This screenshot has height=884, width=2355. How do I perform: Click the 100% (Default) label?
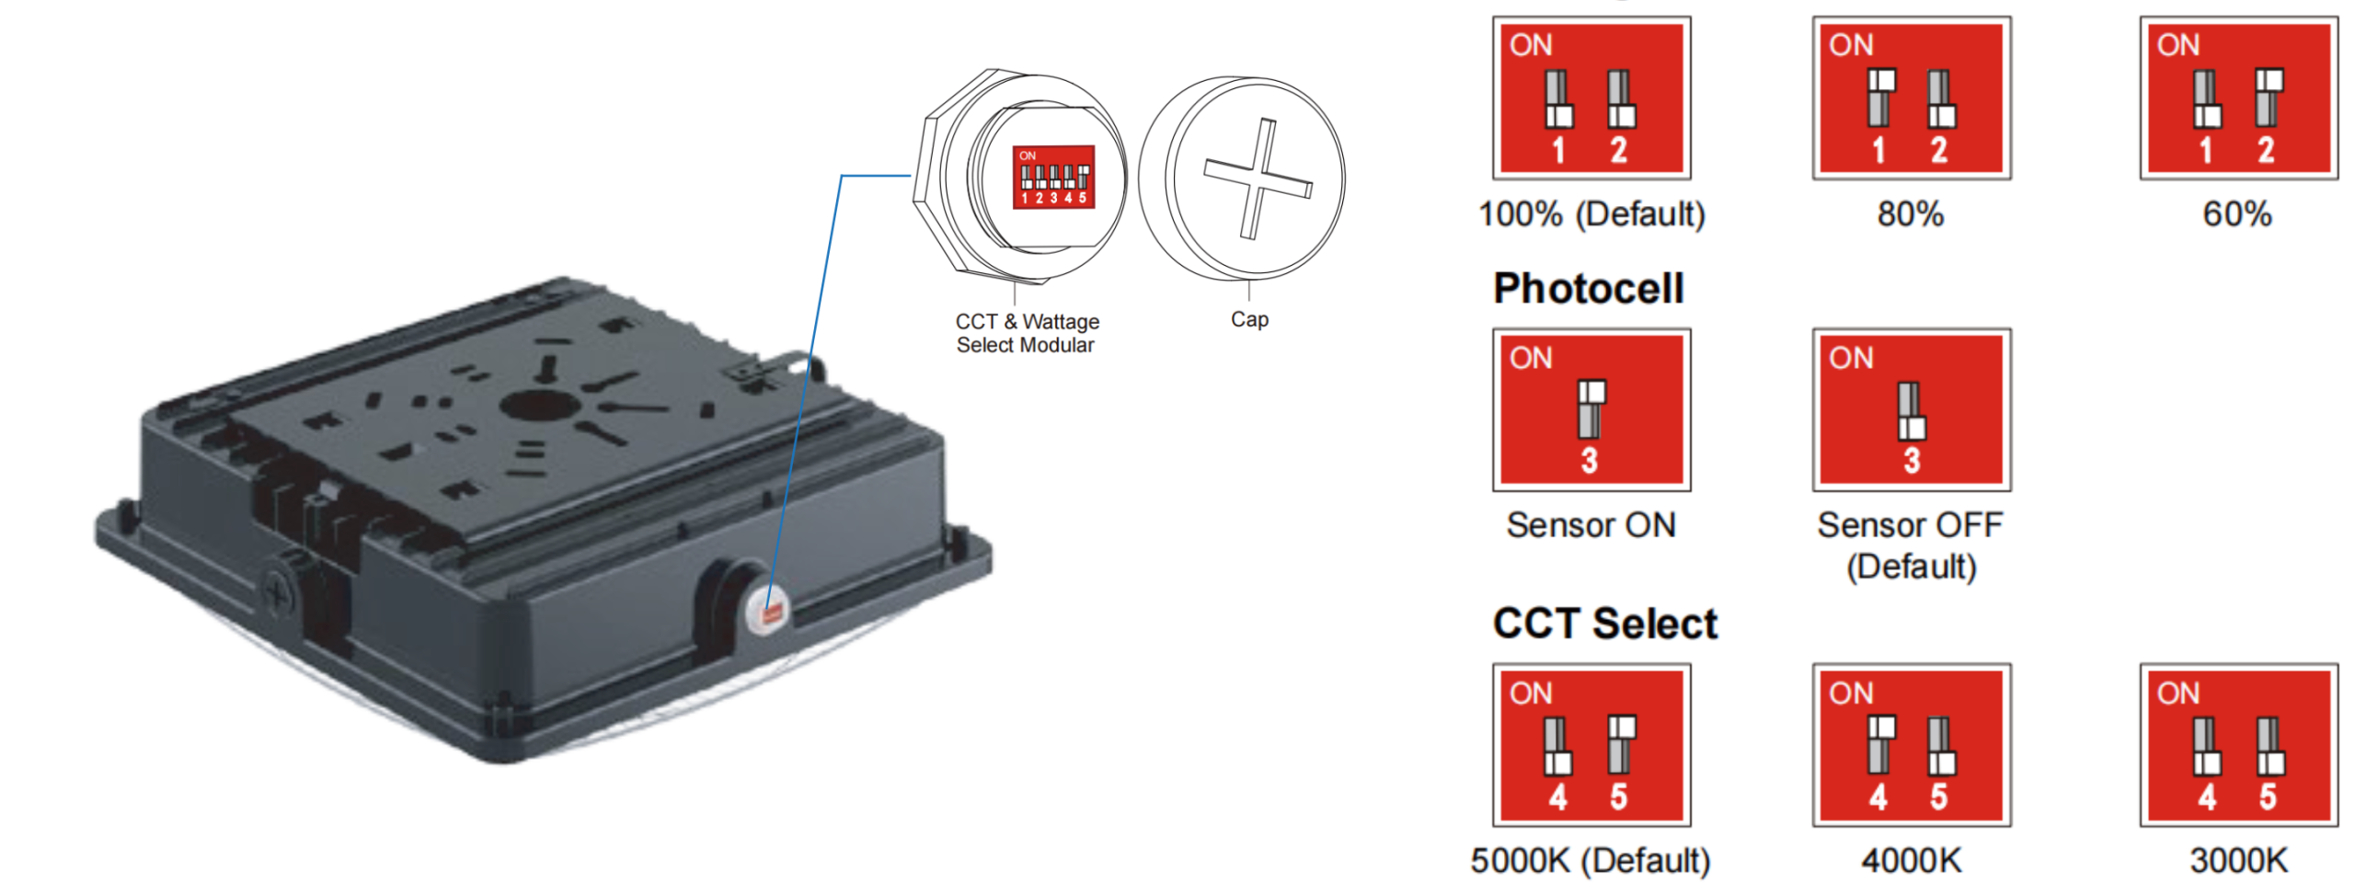point(1591,214)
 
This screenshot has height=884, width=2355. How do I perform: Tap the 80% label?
point(1911,214)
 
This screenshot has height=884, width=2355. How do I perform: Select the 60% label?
point(2237,214)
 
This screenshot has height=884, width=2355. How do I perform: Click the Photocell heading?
point(1589,288)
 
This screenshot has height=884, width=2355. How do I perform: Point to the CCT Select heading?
point(1604,624)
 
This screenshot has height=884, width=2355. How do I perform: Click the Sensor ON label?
point(1591,525)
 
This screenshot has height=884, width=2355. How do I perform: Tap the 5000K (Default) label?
point(1590,861)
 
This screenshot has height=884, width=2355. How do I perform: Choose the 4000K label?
point(1911,861)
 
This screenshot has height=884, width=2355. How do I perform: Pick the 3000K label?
point(2237,861)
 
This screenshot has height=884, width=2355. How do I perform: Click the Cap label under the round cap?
point(1249,319)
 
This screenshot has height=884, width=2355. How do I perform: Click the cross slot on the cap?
point(1258,178)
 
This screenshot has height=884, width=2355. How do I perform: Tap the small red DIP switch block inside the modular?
point(1053,177)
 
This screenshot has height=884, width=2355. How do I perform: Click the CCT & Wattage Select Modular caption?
point(1027,333)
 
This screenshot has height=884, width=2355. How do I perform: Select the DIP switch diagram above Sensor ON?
point(1591,409)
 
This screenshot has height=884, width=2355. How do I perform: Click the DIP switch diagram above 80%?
point(1912,98)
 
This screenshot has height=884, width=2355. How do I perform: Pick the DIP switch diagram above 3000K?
point(2237,745)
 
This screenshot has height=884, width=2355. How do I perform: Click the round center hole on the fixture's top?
point(537,405)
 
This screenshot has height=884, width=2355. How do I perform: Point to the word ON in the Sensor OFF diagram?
point(1851,358)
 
